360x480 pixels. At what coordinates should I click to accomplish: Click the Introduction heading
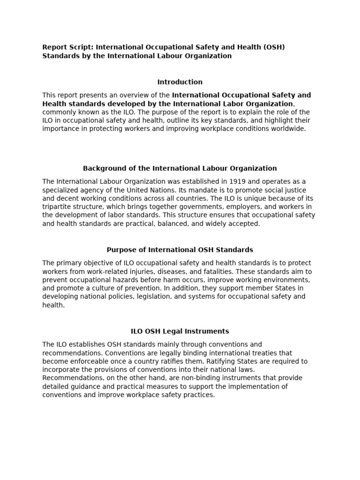[180, 82]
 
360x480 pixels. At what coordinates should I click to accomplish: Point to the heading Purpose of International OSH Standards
[180, 250]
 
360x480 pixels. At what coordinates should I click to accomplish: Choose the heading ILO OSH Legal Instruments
[180, 331]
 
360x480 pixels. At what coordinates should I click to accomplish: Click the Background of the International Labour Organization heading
[180, 168]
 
